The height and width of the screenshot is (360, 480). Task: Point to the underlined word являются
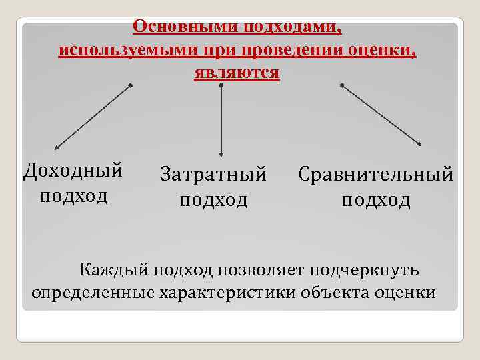[x=237, y=72]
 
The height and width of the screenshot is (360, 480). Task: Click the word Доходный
[x=73, y=171]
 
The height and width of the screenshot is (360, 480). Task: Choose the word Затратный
[x=213, y=174]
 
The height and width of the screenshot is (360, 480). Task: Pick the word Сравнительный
[x=376, y=174]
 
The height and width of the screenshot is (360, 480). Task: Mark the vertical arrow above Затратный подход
[x=221, y=120]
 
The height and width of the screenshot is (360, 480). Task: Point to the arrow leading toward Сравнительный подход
[x=381, y=115]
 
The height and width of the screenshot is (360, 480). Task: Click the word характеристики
[x=225, y=292]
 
